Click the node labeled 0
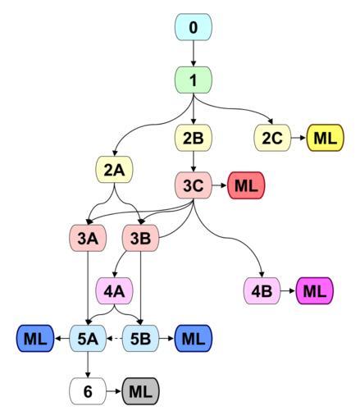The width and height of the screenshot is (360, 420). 194,27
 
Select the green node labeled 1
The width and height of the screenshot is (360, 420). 194,80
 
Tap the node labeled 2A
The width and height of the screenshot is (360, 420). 114,170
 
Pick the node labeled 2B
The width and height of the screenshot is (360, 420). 194,138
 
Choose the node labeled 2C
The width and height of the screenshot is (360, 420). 272,138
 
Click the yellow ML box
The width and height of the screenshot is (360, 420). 325,138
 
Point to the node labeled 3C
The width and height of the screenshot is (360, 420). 194,185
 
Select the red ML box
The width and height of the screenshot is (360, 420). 246,185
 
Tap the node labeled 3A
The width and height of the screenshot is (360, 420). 88,238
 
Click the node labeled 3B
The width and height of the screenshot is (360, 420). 140,238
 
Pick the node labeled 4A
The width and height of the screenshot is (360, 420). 114,290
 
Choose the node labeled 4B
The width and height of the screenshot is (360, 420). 262,290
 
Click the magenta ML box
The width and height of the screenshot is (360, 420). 315,290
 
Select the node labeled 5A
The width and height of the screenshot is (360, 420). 88,339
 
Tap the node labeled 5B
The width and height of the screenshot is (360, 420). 140,339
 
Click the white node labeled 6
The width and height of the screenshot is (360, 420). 88,391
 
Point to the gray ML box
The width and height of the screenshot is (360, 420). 140,391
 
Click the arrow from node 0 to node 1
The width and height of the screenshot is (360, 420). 194,53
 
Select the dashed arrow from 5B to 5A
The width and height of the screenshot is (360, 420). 114,339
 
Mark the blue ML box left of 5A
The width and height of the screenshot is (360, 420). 35,339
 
